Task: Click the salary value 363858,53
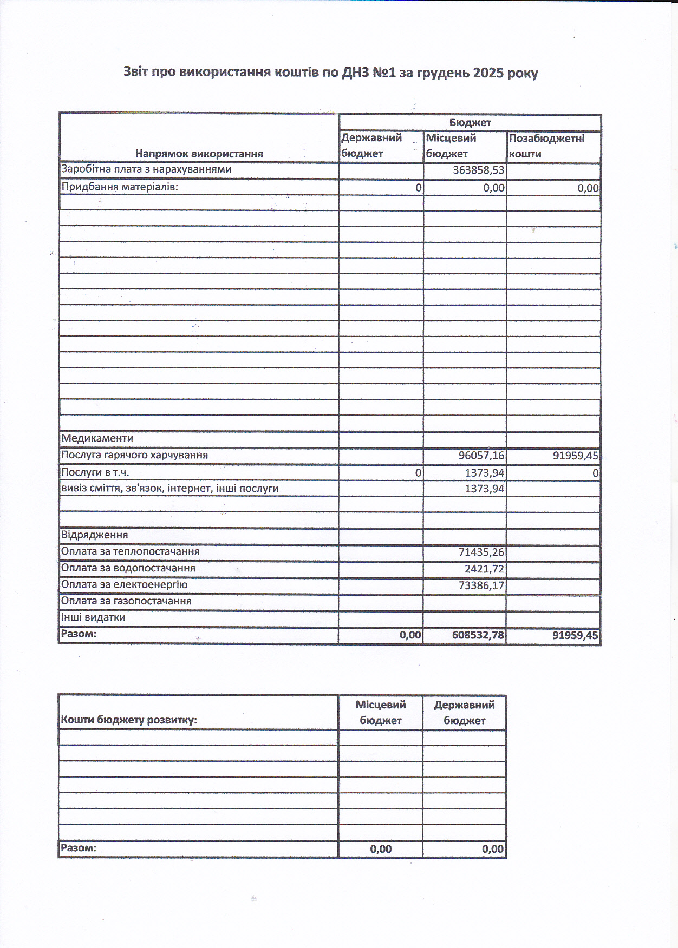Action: [479, 170]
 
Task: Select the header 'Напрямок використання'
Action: [199, 154]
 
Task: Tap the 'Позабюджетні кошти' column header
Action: [547, 146]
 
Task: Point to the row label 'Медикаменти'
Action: [97, 438]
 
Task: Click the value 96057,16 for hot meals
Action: [481, 456]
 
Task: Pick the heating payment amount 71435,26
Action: [481, 552]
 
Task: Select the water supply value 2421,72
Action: [484, 569]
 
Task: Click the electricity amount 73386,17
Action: [481, 585]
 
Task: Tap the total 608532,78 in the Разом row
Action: [478, 635]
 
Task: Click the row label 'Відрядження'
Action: [94, 535]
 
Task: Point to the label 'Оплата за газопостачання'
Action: [126, 601]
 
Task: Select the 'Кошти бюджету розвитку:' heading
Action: [129, 720]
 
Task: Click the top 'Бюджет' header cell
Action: [470, 122]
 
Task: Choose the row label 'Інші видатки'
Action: [93, 617]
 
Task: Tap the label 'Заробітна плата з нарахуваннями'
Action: [146, 169]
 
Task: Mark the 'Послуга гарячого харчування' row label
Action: [134, 455]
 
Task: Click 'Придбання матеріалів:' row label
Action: [120, 187]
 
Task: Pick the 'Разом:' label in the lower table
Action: [79, 848]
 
